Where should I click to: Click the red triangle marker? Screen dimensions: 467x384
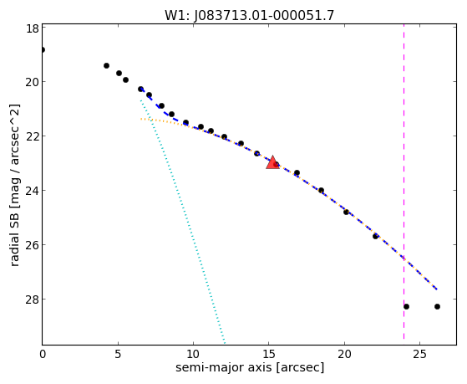pyautogui.click(x=272, y=162)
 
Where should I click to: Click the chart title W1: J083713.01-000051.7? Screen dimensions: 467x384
pyautogui.click(x=249, y=15)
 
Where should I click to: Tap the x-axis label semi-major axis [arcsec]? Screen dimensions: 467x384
pyautogui.click(x=250, y=367)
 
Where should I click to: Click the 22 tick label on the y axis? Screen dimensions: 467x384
pyautogui.click(x=32, y=136)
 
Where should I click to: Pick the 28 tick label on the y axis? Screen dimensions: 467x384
pyautogui.click(x=32, y=300)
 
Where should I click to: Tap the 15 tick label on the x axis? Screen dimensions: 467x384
pyautogui.click(x=269, y=354)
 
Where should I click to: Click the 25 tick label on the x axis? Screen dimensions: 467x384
pyautogui.click(x=420, y=354)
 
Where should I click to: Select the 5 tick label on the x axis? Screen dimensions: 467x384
pyautogui.click(x=118, y=354)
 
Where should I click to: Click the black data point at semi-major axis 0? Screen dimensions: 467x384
pyautogui.click(x=43, y=49)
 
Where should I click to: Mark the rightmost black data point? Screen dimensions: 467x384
pyautogui.click(x=437, y=306)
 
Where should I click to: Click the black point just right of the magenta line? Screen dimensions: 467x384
pyautogui.click(x=406, y=306)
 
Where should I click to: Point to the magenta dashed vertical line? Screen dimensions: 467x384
pyautogui.click(x=404, y=182)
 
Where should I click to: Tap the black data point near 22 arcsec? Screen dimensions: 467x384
pyautogui.click(x=375, y=236)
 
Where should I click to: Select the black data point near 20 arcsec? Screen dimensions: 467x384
pyautogui.click(x=346, y=212)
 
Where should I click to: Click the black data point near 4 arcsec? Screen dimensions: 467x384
pyautogui.click(x=106, y=65)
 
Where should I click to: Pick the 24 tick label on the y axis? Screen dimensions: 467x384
pyautogui.click(x=32, y=191)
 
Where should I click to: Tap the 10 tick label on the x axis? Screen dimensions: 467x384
pyautogui.click(x=193, y=354)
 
